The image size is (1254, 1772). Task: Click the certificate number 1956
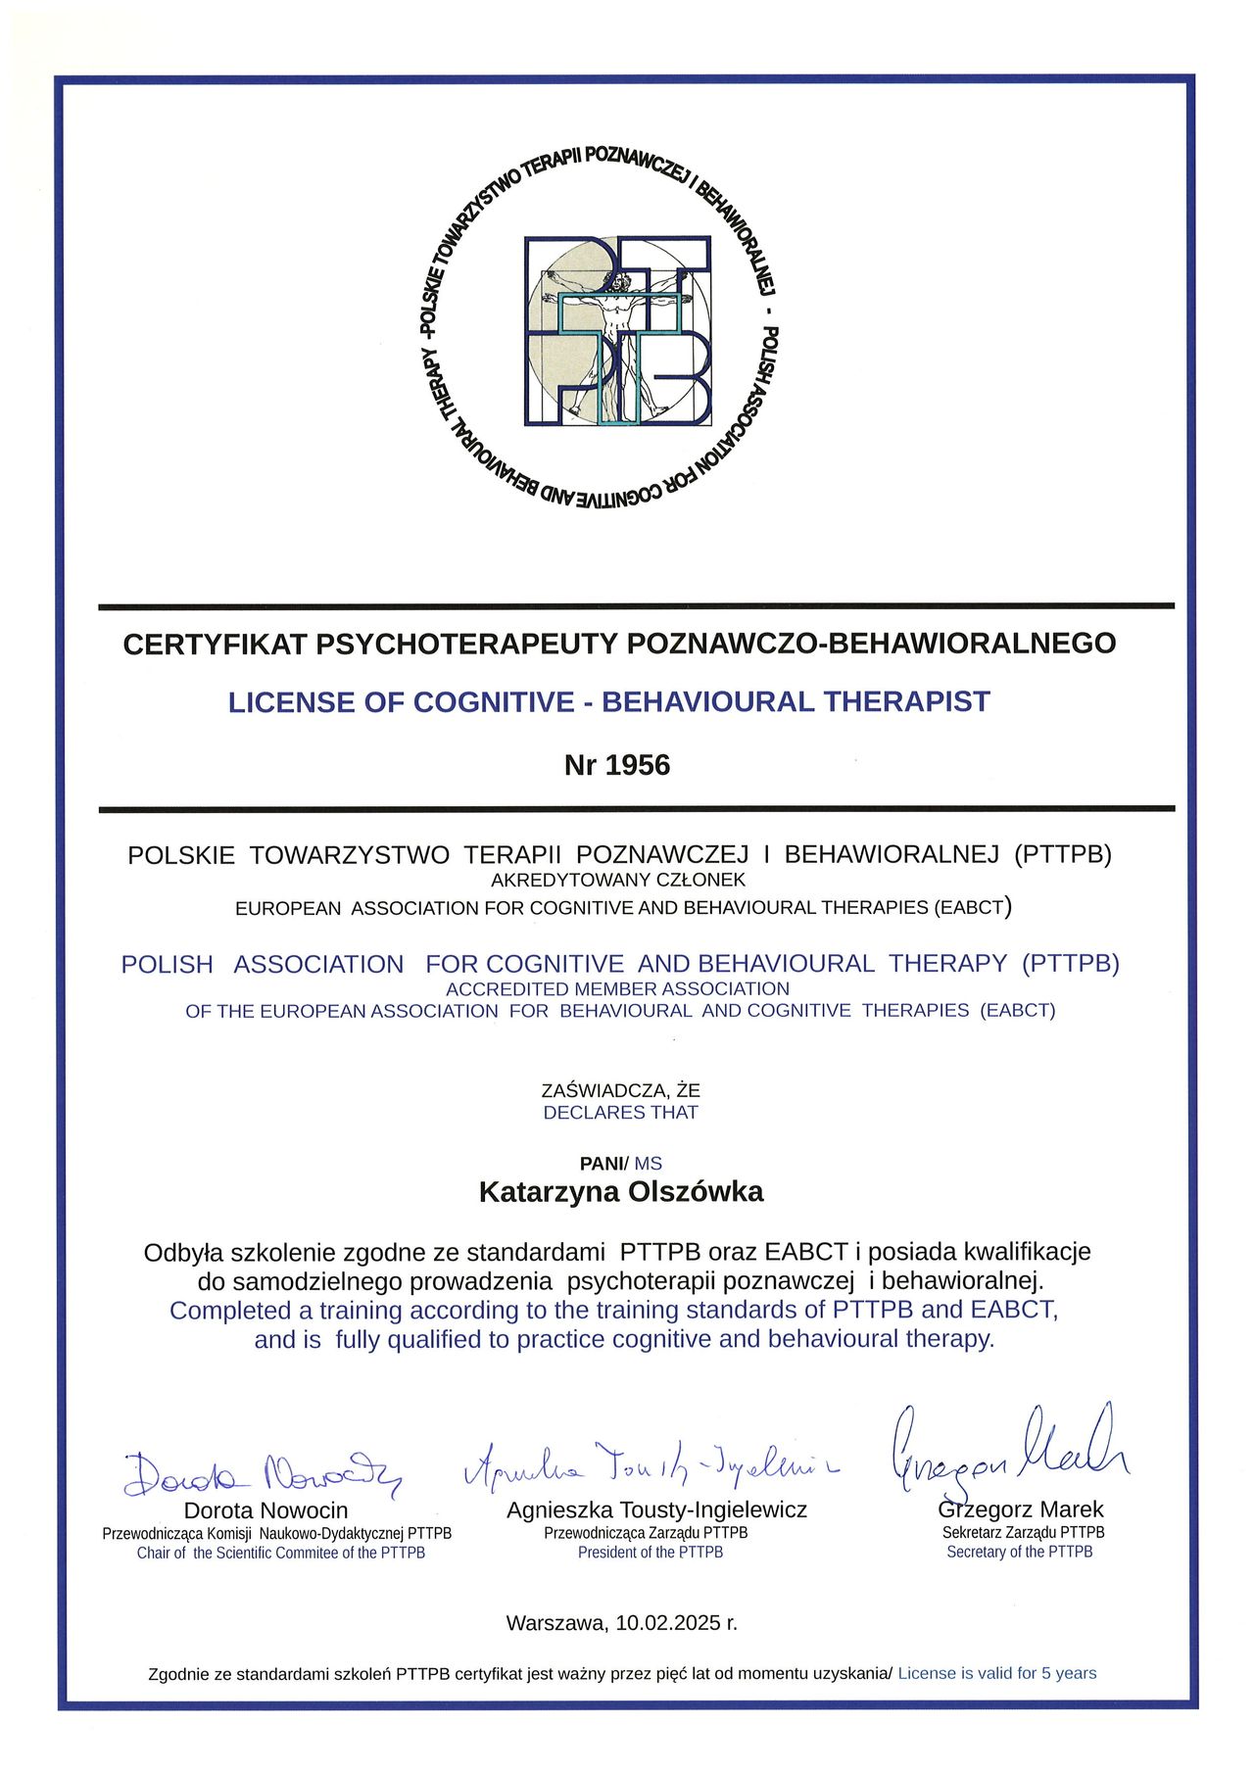pyautogui.click(x=638, y=765)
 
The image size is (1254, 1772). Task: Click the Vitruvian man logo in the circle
pyautogui.click(x=618, y=331)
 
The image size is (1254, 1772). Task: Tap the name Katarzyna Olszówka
pyautogui.click(x=620, y=1192)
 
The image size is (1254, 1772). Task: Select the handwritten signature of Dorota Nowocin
pyautogui.click(x=263, y=1472)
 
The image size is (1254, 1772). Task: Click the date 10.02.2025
pyautogui.click(x=670, y=1623)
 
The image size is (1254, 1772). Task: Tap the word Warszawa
pyautogui.click(x=555, y=1623)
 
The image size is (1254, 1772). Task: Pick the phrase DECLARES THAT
pyautogui.click(x=620, y=1113)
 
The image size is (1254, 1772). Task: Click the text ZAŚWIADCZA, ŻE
pyautogui.click(x=620, y=1090)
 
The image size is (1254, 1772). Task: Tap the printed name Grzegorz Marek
pyautogui.click(x=1021, y=1509)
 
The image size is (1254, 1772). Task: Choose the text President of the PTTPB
pyautogui.click(x=651, y=1553)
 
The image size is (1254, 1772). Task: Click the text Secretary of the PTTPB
pyautogui.click(x=1019, y=1552)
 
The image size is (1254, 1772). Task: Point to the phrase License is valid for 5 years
pyautogui.click(x=996, y=1673)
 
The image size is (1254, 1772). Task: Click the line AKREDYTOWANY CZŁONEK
pyautogui.click(x=618, y=881)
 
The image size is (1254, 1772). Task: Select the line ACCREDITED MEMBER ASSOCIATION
pyautogui.click(x=617, y=989)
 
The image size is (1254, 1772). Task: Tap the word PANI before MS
pyautogui.click(x=602, y=1164)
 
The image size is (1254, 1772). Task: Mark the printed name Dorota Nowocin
pyautogui.click(x=265, y=1510)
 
